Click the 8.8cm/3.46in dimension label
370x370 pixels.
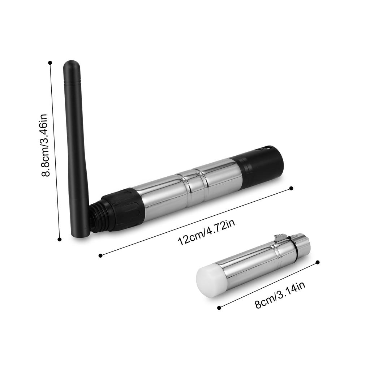pos(45,146)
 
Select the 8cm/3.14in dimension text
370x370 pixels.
pos(280,295)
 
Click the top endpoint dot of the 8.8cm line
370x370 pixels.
pos(50,63)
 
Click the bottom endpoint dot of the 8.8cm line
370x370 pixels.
pos(60,239)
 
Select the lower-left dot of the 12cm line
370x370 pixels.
pos(100,255)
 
